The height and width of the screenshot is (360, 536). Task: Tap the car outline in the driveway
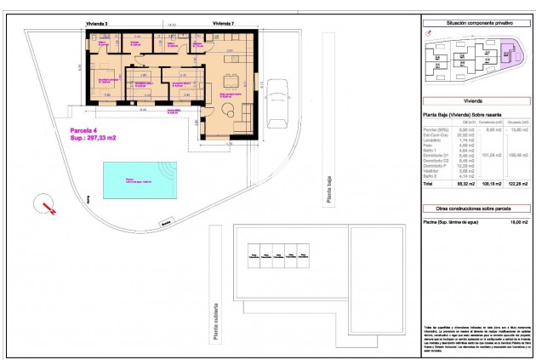278,107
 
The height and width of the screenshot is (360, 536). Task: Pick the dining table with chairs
230,82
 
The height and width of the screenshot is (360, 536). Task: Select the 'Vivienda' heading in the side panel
474,100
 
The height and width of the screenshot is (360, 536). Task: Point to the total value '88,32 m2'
464,184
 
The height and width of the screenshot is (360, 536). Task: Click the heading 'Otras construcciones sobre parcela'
474,208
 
